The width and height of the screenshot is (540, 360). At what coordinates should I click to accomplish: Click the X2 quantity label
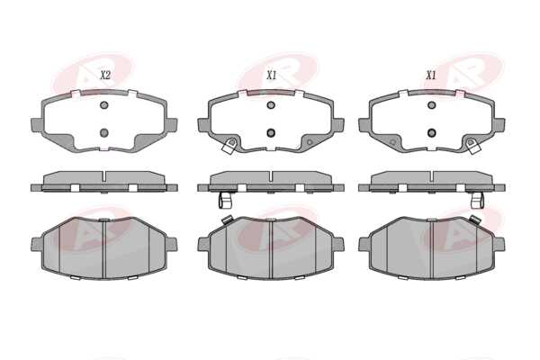[105, 75]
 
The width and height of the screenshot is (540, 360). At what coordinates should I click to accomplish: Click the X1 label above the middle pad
[272, 75]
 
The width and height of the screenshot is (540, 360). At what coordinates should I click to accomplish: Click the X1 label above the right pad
[431, 75]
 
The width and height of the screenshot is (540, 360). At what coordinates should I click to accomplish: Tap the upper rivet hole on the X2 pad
[104, 105]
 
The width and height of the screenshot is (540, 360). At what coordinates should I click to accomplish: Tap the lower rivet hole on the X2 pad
[104, 132]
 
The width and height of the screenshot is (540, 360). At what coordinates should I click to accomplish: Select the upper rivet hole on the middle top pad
[271, 105]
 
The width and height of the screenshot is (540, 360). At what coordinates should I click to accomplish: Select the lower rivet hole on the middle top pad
[271, 132]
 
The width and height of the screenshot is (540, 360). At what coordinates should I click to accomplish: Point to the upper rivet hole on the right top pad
[431, 105]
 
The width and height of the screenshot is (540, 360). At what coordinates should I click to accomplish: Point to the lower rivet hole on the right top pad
[431, 132]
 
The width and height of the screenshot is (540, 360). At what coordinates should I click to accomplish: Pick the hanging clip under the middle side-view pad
[225, 200]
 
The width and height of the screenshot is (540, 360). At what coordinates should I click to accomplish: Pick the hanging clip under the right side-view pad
[477, 200]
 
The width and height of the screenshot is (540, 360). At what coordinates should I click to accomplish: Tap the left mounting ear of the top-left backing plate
[37, 124]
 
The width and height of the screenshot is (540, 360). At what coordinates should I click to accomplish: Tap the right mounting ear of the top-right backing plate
[499, 124]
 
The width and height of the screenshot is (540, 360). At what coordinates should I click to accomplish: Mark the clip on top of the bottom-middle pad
[227, 220]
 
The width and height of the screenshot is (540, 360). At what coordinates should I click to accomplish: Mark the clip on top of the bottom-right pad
[475, 220]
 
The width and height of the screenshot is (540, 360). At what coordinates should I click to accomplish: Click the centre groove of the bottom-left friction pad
[103, 248]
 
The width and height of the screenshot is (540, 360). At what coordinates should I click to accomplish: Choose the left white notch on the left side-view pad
[75, 188]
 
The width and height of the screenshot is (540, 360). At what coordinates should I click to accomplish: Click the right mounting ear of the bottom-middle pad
[338, 244]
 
